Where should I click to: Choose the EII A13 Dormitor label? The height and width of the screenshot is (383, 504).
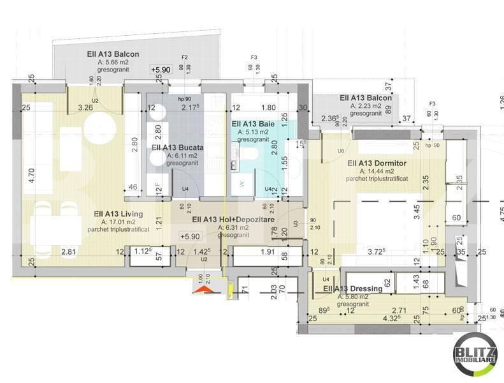pyautogui.click(x=377, y=163)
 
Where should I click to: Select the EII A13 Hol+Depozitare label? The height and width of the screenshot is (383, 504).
pyautogui.click(x=230, y=220)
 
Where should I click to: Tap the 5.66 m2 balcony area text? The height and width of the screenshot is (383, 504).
pyautogui.click(x=113, y=63)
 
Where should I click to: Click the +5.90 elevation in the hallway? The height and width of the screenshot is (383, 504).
pyautogui.click(x=191, y=236)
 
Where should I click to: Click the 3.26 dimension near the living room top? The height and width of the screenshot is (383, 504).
pyautogui.click(x=85, y=107)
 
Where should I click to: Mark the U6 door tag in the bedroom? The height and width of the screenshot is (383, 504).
pyautogui.click(x=341, y=151)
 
